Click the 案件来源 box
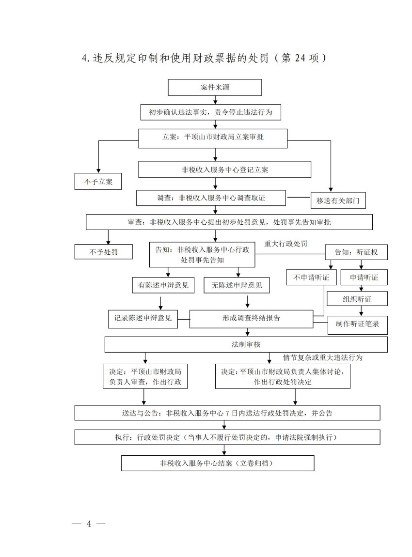click(215, 88)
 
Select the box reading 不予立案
click(98, 181)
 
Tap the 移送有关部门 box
click(338, 200)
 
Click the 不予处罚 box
click(103, 252)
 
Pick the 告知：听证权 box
click(355, 252)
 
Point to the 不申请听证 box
click(311, 278)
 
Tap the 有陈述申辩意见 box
click(163, 285)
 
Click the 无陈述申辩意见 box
click(237, 285)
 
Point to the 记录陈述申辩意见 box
click(143, 318)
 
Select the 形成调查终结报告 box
click(251, 318)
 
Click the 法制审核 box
click(246, 344)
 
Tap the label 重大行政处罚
click(286, 244)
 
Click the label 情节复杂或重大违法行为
click(323, 357)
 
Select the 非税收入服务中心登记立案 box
click(224, 170)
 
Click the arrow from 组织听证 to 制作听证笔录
click(361, 311)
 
